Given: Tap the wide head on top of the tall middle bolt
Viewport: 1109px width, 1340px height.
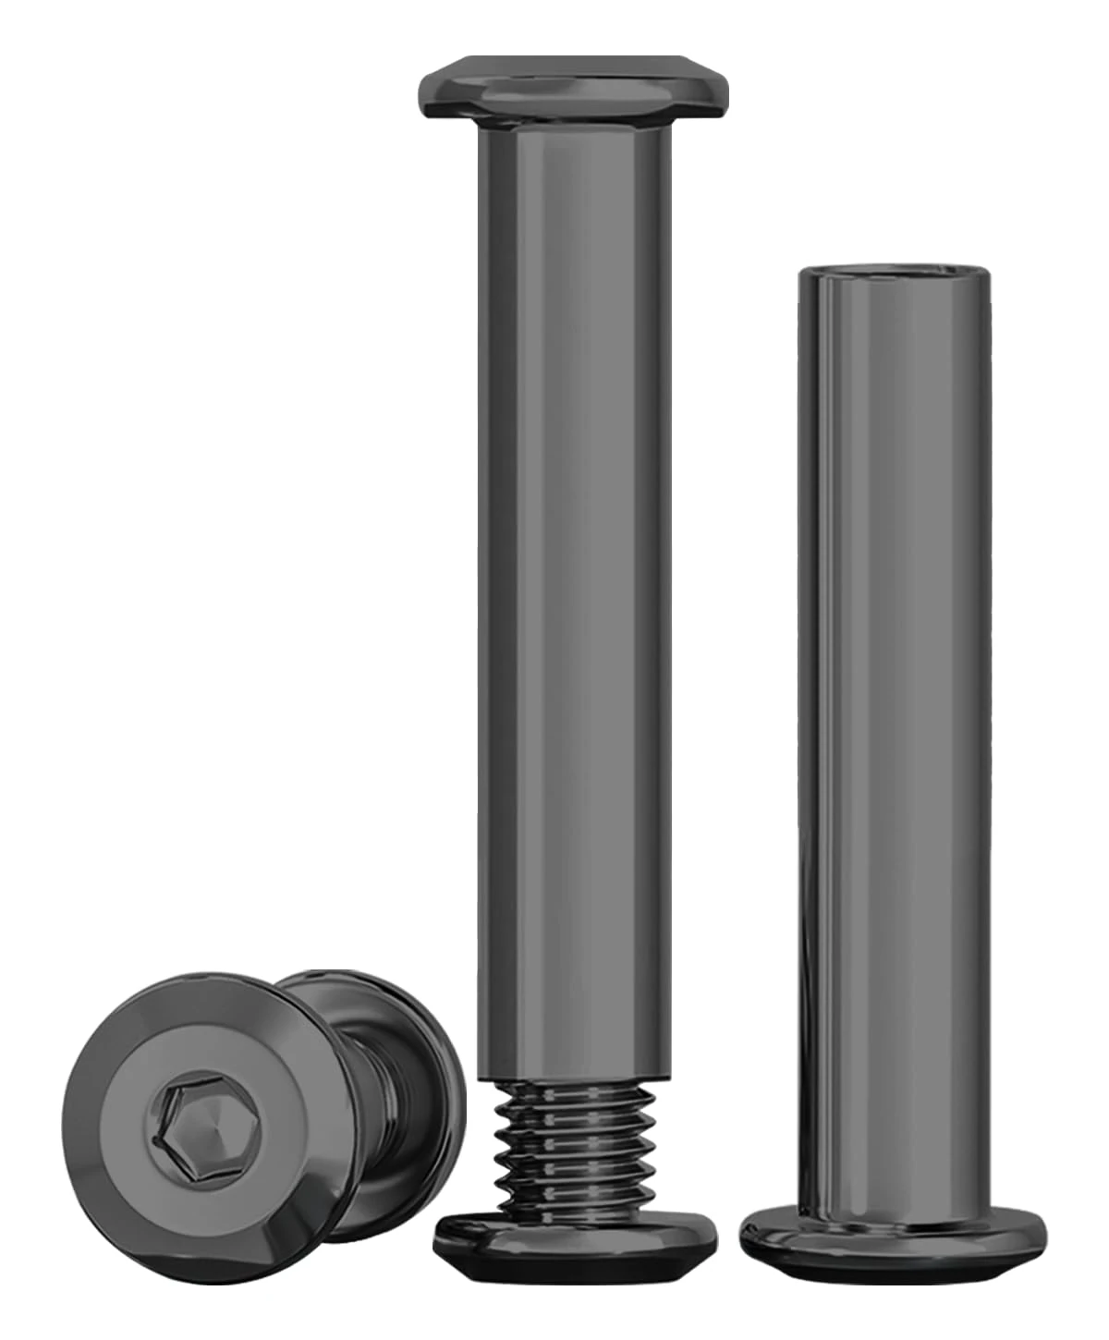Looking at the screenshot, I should (x=570, y=88).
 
